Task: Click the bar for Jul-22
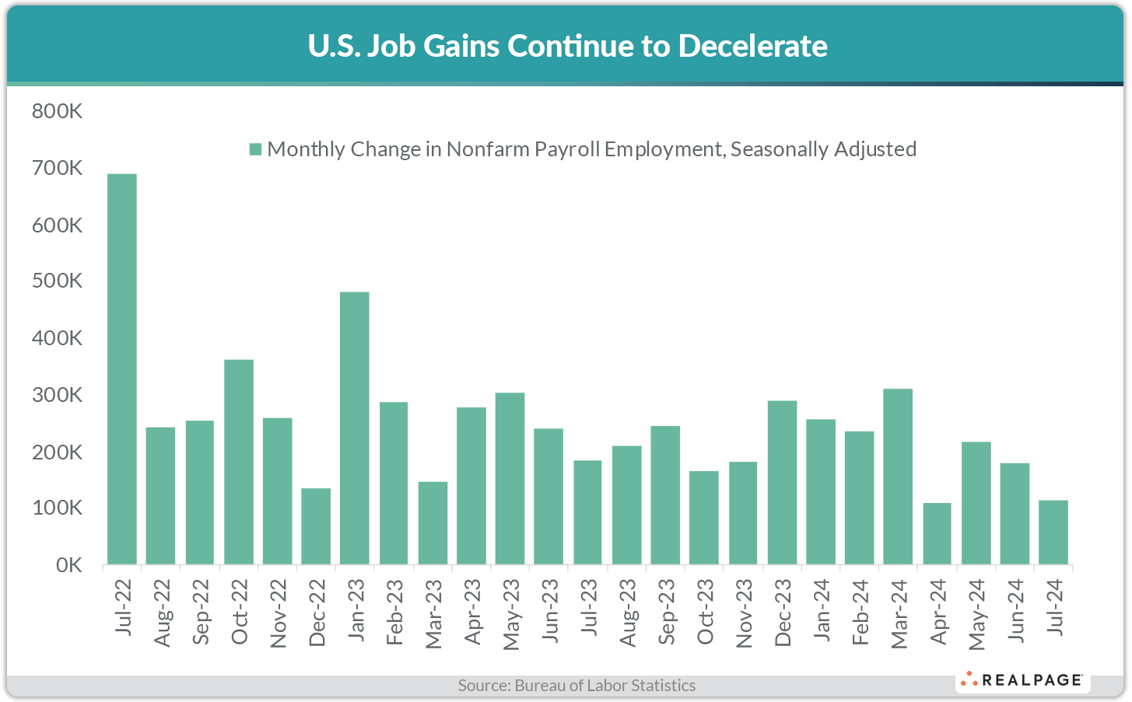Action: click(121, 368)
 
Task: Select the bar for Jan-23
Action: click(355, 428)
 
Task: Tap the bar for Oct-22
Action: click(238, 462)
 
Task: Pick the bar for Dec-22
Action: click(316, 526)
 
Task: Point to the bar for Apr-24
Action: click(937, 533)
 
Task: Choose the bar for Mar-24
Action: click(898, 476)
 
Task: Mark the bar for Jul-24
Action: click(1053, 532)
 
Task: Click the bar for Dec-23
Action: click(782, 482)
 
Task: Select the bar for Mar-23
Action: click(433, 522)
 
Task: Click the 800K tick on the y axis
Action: click(57, 111)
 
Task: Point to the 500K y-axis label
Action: click(57, 281)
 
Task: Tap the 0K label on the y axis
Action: click(68, 565)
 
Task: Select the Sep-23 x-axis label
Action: click(667, 612)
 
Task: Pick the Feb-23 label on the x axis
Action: click(394, 612)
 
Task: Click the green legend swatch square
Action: click(254, 149)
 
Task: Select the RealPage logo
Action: click(1023, 680)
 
